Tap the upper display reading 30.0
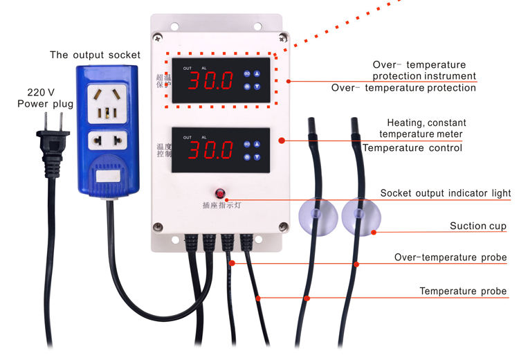[212, 80]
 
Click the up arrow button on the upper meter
[257, 74]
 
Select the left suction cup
[316, 217]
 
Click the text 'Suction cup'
[477, 226]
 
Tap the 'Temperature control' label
[412, 147]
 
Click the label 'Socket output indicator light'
[446, 193]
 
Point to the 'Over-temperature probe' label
[450, 258]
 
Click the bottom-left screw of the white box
[158, 226]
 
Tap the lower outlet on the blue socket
[107, 141]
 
